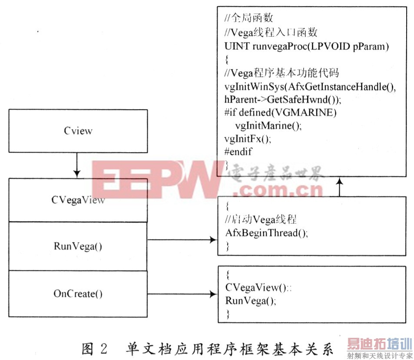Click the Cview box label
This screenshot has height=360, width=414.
click(78, 131)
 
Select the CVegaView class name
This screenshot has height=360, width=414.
click(78, 200)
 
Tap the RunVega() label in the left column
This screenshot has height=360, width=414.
click(78, 246)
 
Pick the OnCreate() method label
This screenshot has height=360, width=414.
click(78, 294)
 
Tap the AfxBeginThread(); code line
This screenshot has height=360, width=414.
click(266, 233)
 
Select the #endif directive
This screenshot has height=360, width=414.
click(238, 152)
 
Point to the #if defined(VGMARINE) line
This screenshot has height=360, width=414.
click(281, 113)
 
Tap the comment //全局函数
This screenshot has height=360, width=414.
click(248, 19)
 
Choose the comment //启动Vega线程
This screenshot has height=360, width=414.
click(261, 219)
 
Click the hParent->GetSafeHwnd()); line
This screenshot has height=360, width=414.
click(283, 100)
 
